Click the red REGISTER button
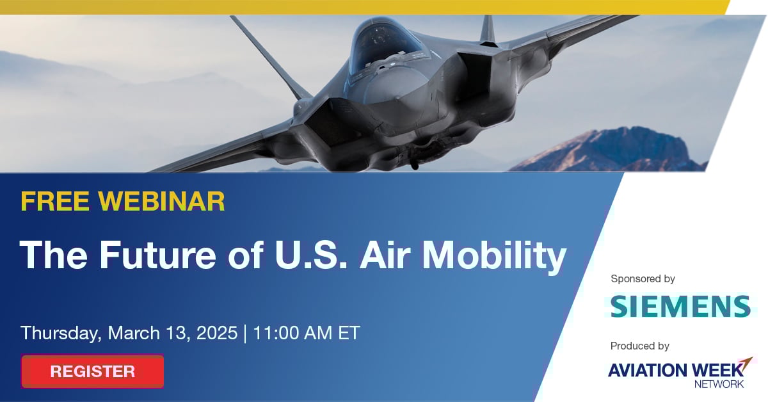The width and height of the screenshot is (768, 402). pos(93,371)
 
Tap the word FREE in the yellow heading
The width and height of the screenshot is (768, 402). pos(55,201)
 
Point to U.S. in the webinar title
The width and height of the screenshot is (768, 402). pos(310,255)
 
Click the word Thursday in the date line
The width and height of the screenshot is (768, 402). pos(61,334)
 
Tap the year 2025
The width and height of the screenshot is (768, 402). pos(217,333)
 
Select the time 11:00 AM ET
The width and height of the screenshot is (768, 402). pos(307,333)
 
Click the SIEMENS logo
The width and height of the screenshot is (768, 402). pos(681,307)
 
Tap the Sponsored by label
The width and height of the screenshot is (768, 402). pos(643,279)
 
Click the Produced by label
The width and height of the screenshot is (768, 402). pos(640,346)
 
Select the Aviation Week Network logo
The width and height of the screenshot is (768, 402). pos(680,373)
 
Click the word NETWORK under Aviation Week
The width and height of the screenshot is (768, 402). pos(719,384)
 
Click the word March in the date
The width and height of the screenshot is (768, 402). pos(134,333)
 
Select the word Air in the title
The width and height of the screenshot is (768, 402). pos(385,255)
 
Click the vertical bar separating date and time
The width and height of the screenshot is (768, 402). pos(245,334)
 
